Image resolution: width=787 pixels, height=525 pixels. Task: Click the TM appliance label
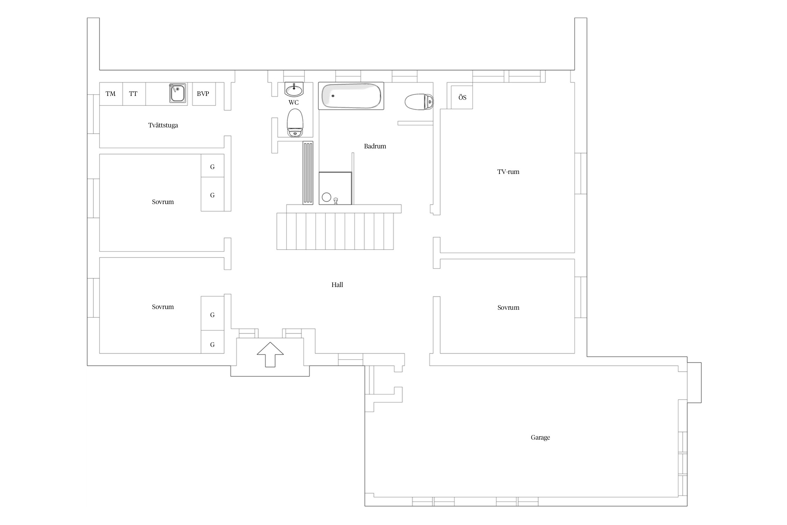[111, 94]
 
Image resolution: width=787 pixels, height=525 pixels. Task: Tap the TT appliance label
[133, 94]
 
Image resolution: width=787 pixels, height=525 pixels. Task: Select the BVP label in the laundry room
[203, 94]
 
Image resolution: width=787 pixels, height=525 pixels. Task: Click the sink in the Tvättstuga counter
[178, 93]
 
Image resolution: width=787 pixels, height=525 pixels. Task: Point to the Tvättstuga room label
[163, 125]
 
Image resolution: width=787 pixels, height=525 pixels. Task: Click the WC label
[293, 103]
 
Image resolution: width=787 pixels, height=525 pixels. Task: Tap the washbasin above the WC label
[294, 90]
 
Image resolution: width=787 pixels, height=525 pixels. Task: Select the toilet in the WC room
[295, 123]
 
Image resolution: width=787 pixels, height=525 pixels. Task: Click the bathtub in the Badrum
[351, 96]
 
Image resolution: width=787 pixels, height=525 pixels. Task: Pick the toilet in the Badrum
[419, 102]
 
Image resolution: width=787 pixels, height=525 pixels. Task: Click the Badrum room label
[375, 146]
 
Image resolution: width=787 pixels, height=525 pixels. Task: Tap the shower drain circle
[326, 197]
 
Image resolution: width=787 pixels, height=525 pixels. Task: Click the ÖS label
[462, 98]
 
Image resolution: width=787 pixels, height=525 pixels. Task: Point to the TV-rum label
[508, 172]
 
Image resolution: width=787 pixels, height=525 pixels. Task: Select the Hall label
[337, 285]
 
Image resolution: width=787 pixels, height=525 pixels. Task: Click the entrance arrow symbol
[270, 355]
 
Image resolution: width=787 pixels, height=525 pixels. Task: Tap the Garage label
[540, 437]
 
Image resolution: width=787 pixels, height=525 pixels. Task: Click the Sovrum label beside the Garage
[508, 308]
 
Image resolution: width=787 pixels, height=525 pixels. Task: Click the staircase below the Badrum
[335, 231]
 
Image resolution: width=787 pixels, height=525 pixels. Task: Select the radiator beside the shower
[308, 173]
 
